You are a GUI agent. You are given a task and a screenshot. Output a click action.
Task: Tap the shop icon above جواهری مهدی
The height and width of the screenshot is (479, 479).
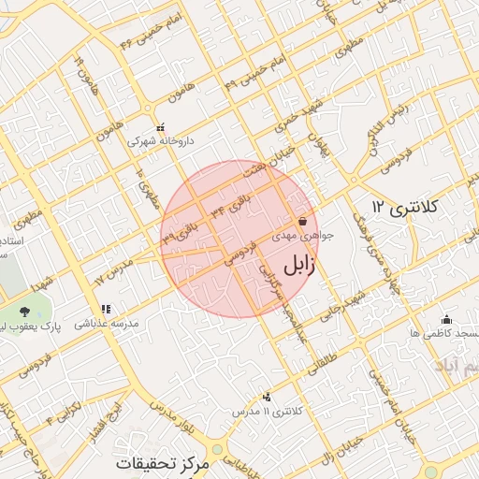pos(302,222)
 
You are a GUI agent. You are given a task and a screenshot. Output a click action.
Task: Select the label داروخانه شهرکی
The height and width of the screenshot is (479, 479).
pos(161,141)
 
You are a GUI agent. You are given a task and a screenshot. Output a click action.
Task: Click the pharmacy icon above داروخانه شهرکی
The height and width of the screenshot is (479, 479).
pos(161,127)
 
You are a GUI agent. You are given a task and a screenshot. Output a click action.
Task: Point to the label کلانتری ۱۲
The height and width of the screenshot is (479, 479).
pos(406,204)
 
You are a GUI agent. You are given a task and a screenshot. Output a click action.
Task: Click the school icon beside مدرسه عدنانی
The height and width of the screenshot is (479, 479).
pos(106,308)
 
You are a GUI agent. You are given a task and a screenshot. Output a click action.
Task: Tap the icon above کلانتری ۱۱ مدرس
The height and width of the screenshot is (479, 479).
pos(268,397)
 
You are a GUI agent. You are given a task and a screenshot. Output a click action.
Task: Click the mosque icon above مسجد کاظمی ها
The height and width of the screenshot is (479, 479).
pos(446,318)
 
